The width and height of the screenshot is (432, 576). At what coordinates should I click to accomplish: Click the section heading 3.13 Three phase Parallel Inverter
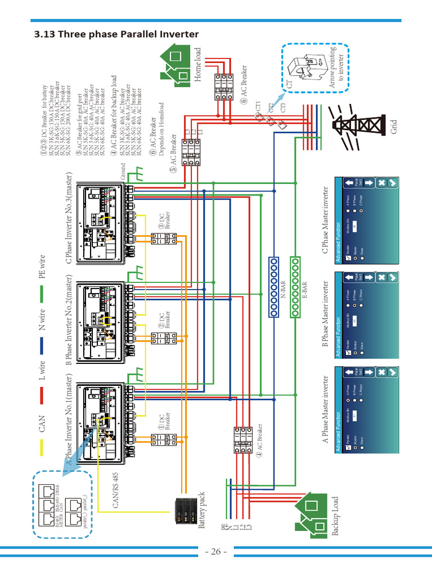[116, 35]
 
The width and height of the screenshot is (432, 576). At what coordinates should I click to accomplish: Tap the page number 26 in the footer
[216, 551]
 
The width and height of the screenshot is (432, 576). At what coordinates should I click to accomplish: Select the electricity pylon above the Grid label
[358, 124]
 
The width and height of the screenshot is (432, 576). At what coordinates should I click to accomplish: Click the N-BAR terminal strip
[274, 287]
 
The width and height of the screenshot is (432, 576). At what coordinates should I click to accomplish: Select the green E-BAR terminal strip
[294, 287]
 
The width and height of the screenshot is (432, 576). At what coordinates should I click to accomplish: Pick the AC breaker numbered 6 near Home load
[223, 85]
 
